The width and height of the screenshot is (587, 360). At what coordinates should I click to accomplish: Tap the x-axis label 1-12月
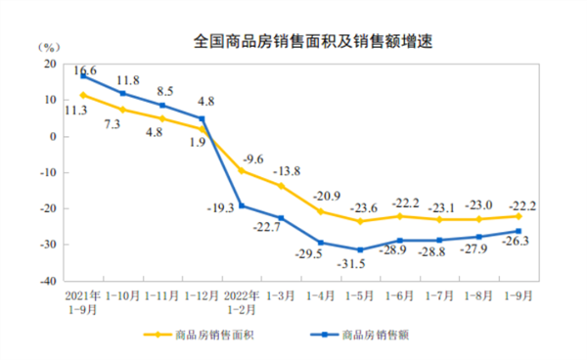pyautogui.click(x=201, y=294)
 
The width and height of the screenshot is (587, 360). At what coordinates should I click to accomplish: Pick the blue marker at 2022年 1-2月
pyautogui.click(x=241, y=205)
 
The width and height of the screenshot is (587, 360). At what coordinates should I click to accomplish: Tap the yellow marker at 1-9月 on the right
pyautogui.click(x=519, y=216)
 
